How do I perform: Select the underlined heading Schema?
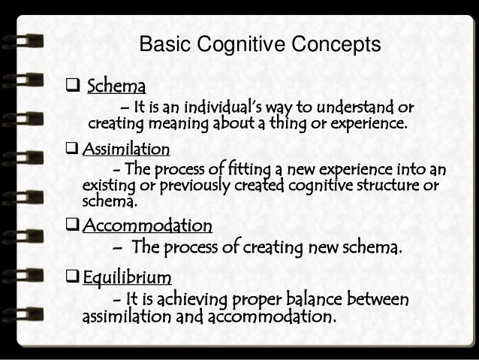click(x=112, y=83)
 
